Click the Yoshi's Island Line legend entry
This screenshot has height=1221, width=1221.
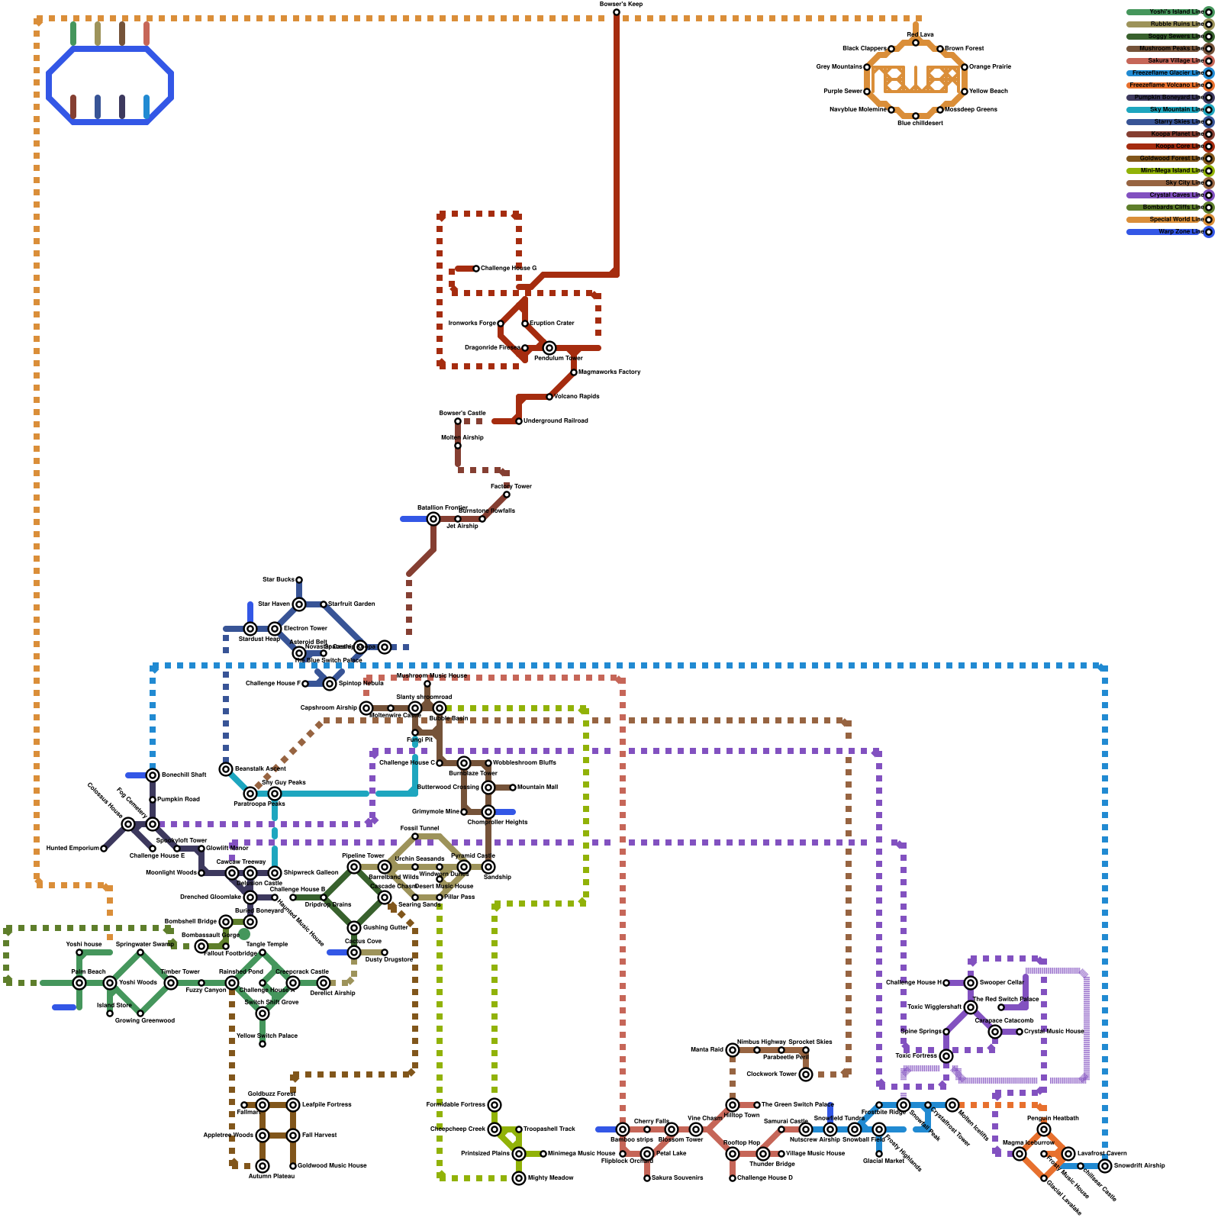(1168, 12)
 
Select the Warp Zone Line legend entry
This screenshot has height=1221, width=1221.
(1168, 232)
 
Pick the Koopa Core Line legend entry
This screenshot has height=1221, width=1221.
(1168, 147)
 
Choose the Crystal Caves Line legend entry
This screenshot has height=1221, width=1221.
(1168, 195)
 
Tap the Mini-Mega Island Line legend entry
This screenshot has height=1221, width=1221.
(1168, 171)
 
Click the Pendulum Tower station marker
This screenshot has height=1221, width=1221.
(549, 348)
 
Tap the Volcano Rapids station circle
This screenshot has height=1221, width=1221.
(549, 397)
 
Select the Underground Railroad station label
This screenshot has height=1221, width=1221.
(556, 421)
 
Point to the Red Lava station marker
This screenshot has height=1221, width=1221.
(916, 43)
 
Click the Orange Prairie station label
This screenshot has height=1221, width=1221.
(991, 67)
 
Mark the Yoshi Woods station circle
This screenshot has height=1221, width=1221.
(110, 983)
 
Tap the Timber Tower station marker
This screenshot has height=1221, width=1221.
(171, 983)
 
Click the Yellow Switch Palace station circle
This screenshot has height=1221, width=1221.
(263, 1044)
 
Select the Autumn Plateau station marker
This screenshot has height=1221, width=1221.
(263, 1166)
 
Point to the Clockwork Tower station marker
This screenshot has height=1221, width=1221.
(806, 1074)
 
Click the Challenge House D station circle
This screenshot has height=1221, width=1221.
(733, 1178)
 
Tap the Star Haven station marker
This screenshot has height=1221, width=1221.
(299, 604)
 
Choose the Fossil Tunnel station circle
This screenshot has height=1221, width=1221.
(415, 836)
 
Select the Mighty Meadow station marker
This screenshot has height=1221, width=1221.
(519, 1178)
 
